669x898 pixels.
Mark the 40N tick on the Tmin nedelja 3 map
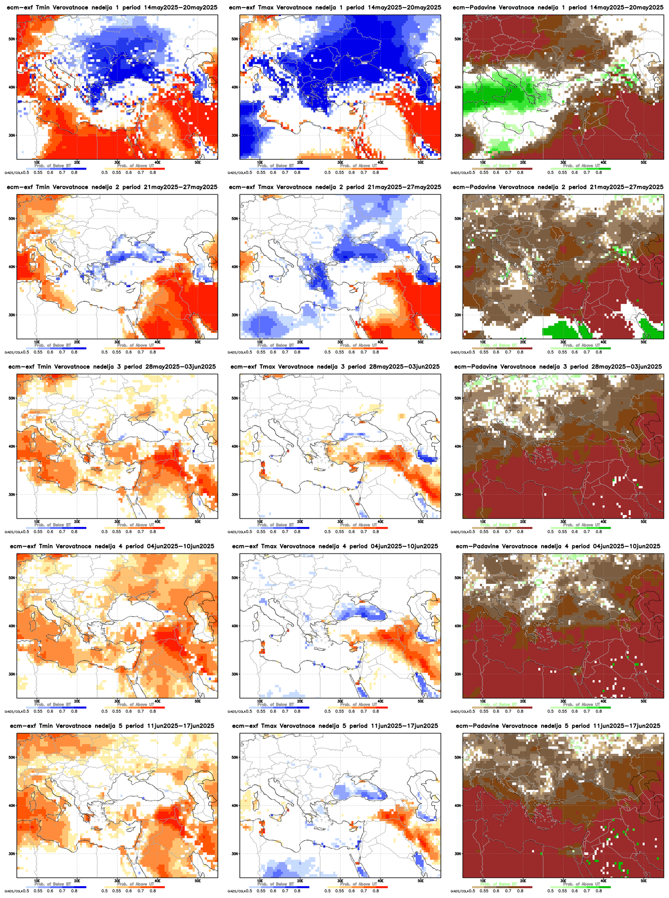click(11, 446)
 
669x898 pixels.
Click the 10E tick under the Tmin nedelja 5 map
click(37, 880)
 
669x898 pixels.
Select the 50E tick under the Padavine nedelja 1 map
click(644, 162)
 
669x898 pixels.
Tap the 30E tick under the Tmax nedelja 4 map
click(340, 700)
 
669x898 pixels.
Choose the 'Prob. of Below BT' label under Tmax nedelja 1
click(278, 166)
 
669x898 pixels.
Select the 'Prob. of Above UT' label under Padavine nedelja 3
click(582, 525)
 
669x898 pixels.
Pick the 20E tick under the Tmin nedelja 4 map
click(77, 700)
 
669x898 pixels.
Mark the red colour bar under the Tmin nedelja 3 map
click(134, 528)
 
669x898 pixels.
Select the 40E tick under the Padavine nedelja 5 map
click(604, 880)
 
